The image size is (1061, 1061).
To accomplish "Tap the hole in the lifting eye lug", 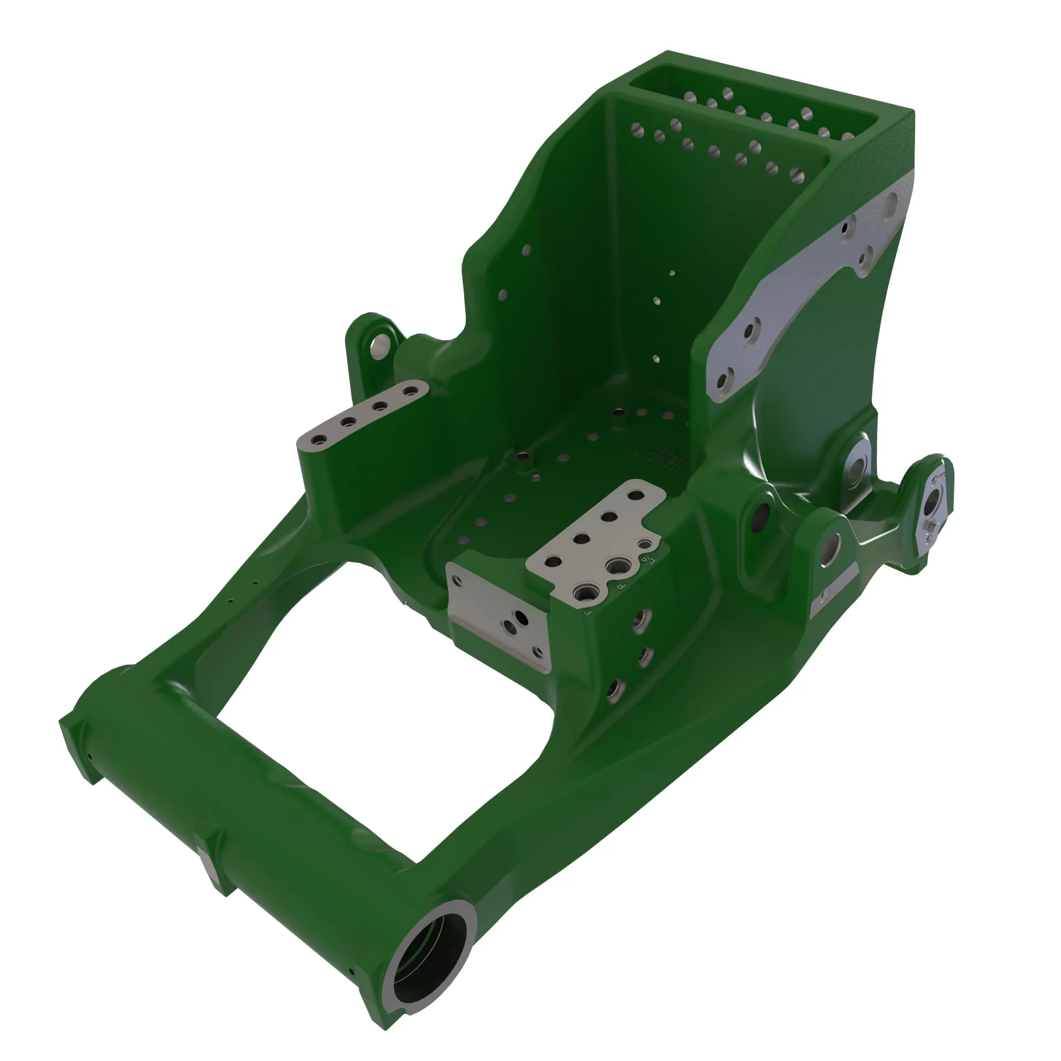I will (x=378, y=345).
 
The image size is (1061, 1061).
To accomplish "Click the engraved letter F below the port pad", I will (x=590, y=610).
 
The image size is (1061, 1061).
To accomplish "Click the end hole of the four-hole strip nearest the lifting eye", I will (x=408, y=392).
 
